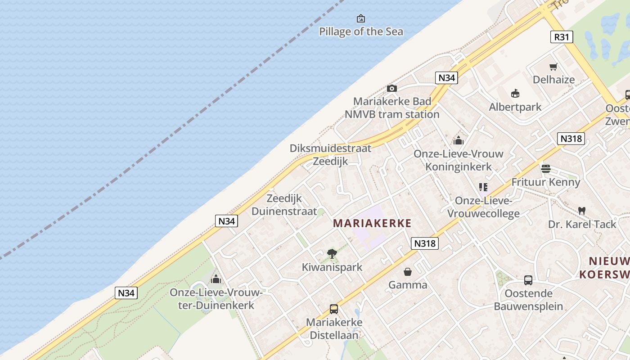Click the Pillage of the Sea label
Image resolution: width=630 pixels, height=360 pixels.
coord(361,31)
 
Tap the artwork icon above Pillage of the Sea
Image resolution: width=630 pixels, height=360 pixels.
coord(361,18)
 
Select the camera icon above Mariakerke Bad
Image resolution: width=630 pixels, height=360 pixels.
coord(392,88)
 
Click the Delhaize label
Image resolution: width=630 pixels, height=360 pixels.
coord(553,80)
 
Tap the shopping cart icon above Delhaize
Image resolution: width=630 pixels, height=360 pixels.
coord(553,67)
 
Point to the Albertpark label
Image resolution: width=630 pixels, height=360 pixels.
coord(515,107)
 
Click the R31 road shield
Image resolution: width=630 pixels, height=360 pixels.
coord(562,37)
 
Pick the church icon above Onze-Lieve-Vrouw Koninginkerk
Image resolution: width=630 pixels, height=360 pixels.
coord(459,140)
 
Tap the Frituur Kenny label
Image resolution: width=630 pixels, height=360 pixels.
coord(546,182)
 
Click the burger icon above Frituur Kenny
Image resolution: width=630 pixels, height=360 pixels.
coord(546,169)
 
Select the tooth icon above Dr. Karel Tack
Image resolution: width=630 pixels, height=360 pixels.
coord(582,211)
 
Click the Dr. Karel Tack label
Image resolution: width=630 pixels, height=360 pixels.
coord(582,224)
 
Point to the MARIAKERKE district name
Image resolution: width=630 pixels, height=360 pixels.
coord(372,223)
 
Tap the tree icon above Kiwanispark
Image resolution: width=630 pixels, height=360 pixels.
coord(332,254)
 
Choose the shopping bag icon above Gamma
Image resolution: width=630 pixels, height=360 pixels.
coord(408,272)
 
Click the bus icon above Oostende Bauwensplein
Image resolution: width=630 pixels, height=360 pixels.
coord(528,280)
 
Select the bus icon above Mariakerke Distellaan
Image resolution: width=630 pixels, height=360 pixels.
coord(334,309)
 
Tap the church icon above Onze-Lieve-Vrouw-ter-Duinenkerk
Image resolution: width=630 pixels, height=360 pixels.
coord(216,279)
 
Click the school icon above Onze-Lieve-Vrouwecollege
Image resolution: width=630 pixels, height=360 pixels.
coord(483,187)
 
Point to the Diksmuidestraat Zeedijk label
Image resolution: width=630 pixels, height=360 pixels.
coord(330,155)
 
